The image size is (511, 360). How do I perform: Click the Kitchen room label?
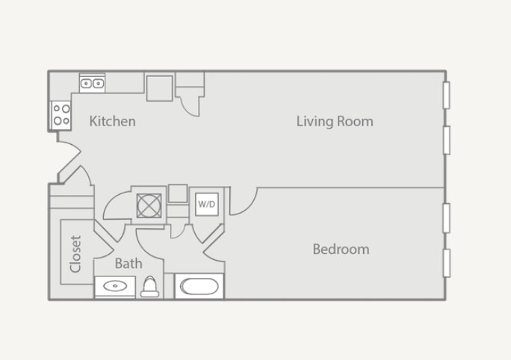[113, 121]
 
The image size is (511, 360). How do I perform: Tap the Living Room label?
[335, 121]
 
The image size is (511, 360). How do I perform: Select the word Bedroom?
[341, 249]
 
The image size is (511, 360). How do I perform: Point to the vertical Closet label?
[75, 254]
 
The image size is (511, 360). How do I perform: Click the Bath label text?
[128, 263]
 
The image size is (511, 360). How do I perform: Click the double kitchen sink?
[92, 83]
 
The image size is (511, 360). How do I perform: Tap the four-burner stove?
[61, 114]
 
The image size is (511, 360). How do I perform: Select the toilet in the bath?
[150, 287]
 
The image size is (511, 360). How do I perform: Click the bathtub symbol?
[199, 287]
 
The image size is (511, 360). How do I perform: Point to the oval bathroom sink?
[115, 286]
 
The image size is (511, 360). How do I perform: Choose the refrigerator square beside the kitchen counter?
[160, 87]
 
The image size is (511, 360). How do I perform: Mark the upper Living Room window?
[446, 94]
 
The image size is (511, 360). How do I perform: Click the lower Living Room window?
[446, 140]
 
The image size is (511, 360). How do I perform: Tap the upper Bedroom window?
[446, 218]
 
